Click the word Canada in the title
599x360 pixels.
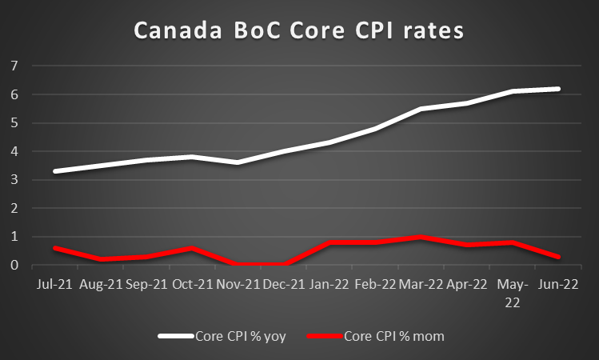tap(174, 31)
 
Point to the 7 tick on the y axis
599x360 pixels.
tap(14, 66)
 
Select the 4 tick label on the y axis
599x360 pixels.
tap(14, 151)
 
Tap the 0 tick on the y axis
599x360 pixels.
tap(14, 266)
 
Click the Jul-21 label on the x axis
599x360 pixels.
tap(54, 284)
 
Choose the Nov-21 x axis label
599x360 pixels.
tap(238, 284)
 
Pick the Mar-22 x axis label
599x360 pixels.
tap(421, 284)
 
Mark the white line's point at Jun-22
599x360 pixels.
tap(558, 89)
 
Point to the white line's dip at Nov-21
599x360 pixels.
tap(238, 162)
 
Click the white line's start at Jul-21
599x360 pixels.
tap(54, 171)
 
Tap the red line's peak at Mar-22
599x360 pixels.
tap(421, 238)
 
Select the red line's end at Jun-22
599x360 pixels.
tap(558, 257)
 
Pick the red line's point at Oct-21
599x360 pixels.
tap(192, 249)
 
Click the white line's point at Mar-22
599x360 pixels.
tap(421, 109)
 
